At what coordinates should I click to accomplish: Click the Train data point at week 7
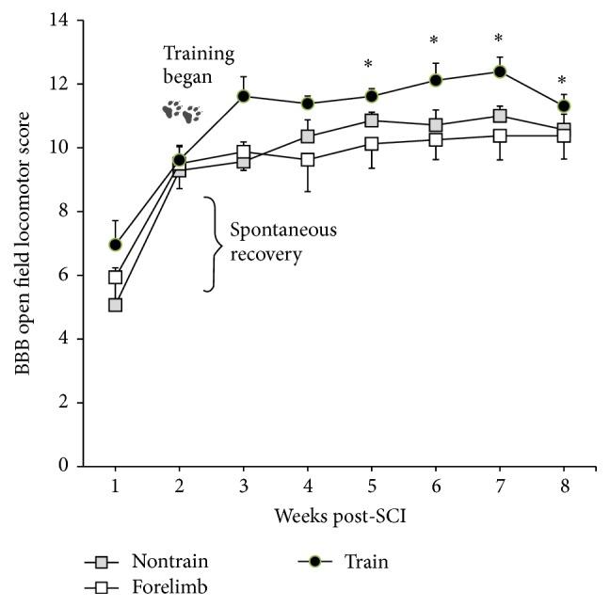coord(500,72)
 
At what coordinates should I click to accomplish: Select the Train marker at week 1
coord(116,245)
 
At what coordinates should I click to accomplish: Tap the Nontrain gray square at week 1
coord(116,305)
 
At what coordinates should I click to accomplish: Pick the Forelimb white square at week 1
coord(116,277)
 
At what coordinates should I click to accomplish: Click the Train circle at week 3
coord(244,96)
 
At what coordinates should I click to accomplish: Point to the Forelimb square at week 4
coord(308,160)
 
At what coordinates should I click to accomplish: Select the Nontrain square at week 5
coord(372,120)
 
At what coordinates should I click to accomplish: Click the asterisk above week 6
coord(435,41)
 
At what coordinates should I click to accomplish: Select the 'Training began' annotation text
coord(198,65)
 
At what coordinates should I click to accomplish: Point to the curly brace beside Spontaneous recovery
coord(213,243)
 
